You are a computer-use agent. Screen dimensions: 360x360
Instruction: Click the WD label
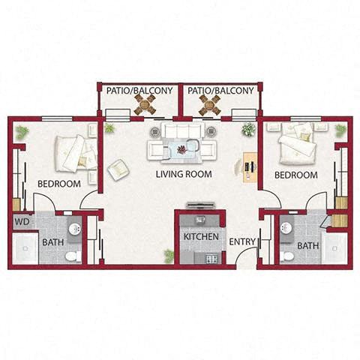(x=22, y=222)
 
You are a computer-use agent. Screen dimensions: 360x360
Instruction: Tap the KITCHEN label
(x=201, y=236)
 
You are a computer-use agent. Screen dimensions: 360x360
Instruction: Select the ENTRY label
(x=242, y=241)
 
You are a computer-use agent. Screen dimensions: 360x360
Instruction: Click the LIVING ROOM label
(x=184, y=174)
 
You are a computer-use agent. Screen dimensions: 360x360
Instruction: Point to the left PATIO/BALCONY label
(x=139, y=91)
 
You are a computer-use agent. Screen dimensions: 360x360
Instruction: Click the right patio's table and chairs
(x=210, y=105)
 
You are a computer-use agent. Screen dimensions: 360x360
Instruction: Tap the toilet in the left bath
(x=73, y=256)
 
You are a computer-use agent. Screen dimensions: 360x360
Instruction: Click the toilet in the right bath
(x=286, y=256)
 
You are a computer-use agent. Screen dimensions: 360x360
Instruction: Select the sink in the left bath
(x=75, y=229)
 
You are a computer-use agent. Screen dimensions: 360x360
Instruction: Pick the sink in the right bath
(x=286, y=228)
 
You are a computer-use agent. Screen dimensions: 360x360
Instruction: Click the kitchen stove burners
(x=212, y=258)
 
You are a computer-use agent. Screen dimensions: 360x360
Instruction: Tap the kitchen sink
(x=200, y=220)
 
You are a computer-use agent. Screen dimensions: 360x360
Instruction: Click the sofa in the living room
(x=181, y=130)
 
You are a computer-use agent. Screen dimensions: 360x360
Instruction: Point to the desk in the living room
(x=250, y=168)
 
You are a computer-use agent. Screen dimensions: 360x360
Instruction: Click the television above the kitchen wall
(x=201, y=205)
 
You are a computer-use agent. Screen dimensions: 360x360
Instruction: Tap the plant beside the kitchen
(x=169, y=256)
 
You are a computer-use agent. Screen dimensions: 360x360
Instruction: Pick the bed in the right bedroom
(x=297, y=144)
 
